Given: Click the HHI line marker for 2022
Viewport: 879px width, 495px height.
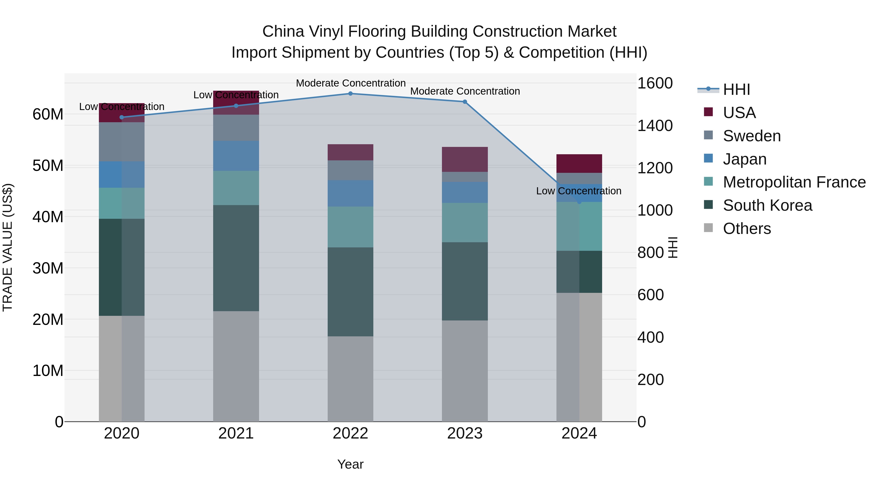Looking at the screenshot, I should click(x=350, y=93).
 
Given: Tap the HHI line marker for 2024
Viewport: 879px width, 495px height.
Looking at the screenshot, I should click(x=579, y=202).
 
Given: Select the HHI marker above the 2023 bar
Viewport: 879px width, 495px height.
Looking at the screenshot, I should click(x=465, y=102).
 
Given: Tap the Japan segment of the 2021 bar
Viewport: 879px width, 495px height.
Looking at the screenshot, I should click(x=236, y=156).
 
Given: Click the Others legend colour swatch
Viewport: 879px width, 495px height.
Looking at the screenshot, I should click(x=708, y=228).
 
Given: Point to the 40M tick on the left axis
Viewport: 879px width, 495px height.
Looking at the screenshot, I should click(x=48, y=217).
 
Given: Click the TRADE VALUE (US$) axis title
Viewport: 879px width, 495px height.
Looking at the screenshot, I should click(x=8, y=247).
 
